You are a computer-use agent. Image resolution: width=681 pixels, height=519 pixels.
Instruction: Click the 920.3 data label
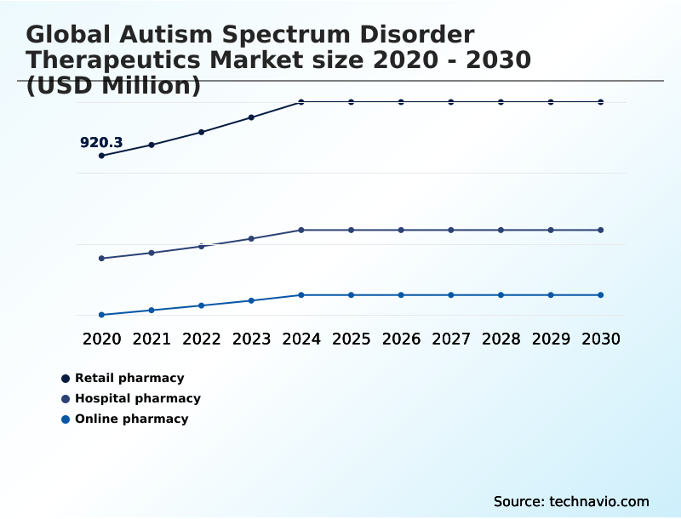(x=101, y=143)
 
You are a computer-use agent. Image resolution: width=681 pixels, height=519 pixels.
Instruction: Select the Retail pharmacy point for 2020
(x=101, y=156)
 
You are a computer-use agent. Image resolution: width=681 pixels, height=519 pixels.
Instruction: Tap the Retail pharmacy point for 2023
(x=251, y=117)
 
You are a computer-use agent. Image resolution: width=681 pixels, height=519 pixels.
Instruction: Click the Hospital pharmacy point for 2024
(x=301, y=230)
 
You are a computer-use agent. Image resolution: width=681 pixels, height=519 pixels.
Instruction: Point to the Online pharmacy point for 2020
(x=101, y=315)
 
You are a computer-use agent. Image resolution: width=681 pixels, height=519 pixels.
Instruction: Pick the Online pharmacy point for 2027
(x=451, y=295)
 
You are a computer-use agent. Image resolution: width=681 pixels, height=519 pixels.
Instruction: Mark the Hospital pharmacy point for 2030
(x=601, y=230)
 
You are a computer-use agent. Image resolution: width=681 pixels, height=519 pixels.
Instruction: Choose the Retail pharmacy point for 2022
(x=202, y=132)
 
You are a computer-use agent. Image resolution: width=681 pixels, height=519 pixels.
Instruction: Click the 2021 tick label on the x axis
(x=152, y=339)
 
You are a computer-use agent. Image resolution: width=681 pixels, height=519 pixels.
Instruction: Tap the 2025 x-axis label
(x=352, y=339)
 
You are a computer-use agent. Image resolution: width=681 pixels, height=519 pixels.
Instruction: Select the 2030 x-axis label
(x=601, y=339)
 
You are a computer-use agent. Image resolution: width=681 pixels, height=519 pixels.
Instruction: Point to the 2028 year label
(x=501, y=339)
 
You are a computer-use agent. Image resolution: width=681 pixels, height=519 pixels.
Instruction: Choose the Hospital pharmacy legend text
(x=138, y=398)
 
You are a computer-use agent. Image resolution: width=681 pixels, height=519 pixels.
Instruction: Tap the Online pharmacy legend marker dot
(x=66, y=419)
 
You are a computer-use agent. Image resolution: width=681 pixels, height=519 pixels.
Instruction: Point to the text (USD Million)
(x=113, y=86)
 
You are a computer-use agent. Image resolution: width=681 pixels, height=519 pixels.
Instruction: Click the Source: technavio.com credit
(x=571, y=501)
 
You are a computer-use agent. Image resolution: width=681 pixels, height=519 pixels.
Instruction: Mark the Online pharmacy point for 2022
(x=202, y=305)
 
